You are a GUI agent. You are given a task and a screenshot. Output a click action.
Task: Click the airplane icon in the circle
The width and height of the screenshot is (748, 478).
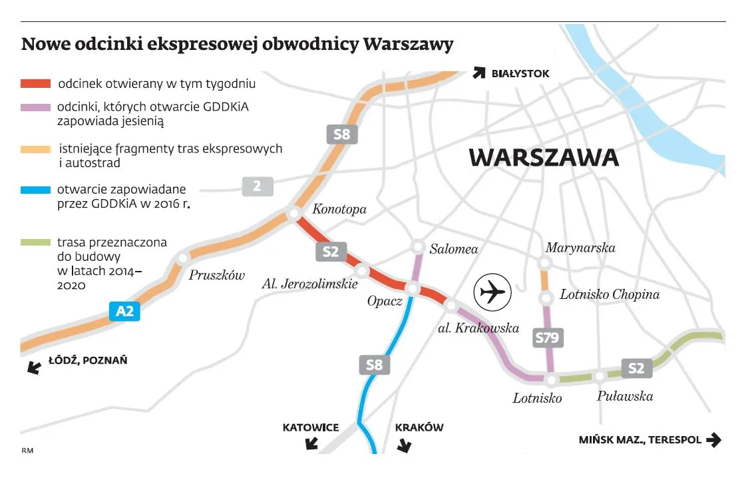tap(492, 292)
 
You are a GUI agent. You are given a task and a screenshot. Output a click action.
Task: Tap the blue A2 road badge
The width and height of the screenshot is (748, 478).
tap(125, 311)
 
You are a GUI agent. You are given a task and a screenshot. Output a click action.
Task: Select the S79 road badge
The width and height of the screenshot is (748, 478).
tap(548, 338)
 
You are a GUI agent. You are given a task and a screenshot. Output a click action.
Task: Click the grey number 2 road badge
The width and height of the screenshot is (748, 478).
tap(258, 186)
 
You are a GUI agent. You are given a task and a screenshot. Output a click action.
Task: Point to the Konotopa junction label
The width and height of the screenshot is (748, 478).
tap(339, 210)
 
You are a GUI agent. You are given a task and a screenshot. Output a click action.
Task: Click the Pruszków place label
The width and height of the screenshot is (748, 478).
tap(217, 275)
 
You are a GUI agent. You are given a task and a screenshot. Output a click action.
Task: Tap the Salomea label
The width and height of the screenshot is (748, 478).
tap(454, 249)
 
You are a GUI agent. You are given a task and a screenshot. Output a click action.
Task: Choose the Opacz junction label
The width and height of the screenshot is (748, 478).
tap(385, 302)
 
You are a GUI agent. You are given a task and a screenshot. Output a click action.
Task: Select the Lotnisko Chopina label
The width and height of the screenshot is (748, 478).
tap(609, 294)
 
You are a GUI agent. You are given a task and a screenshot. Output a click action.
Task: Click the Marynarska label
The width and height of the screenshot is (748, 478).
tap(580, 248)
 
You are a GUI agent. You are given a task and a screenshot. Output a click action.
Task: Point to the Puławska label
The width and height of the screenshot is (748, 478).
tap(625, 396)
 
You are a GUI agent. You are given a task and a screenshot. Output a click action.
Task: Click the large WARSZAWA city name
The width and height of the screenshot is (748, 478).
tap(544, 158)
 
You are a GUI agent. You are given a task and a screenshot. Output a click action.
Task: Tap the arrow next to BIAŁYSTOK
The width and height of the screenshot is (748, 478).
tap(478, 73)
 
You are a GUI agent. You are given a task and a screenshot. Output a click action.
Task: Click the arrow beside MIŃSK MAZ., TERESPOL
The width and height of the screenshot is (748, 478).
tap(713, 440)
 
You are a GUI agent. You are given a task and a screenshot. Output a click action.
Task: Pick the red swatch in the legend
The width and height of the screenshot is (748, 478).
tap(36, 85)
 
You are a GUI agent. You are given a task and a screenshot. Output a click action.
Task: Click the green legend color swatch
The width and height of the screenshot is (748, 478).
tap(36, 243)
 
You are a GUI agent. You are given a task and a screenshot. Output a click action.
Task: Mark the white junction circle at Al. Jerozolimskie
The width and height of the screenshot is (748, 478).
tap(363, 271)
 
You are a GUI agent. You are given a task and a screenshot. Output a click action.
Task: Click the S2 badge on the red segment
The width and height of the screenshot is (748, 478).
tap(331, 252)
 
